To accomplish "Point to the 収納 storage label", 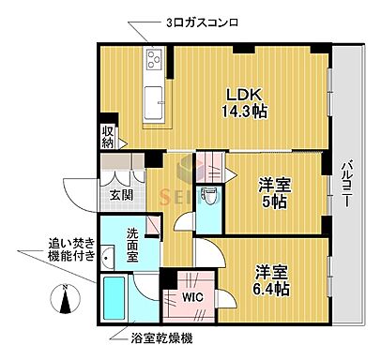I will pyautogui.click(x=109, y=137).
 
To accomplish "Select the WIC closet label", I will pyautogui.click(x=192, y=296).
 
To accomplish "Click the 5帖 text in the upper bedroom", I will pyautogui.click(x=275, y=202).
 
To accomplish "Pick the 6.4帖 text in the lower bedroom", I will pyautogui.click(x=270, y=289).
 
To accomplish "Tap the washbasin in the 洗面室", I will pyautogui.click(x=109, y=255).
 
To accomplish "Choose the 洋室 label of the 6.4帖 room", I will pyautogui.click(x=270, y=272).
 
